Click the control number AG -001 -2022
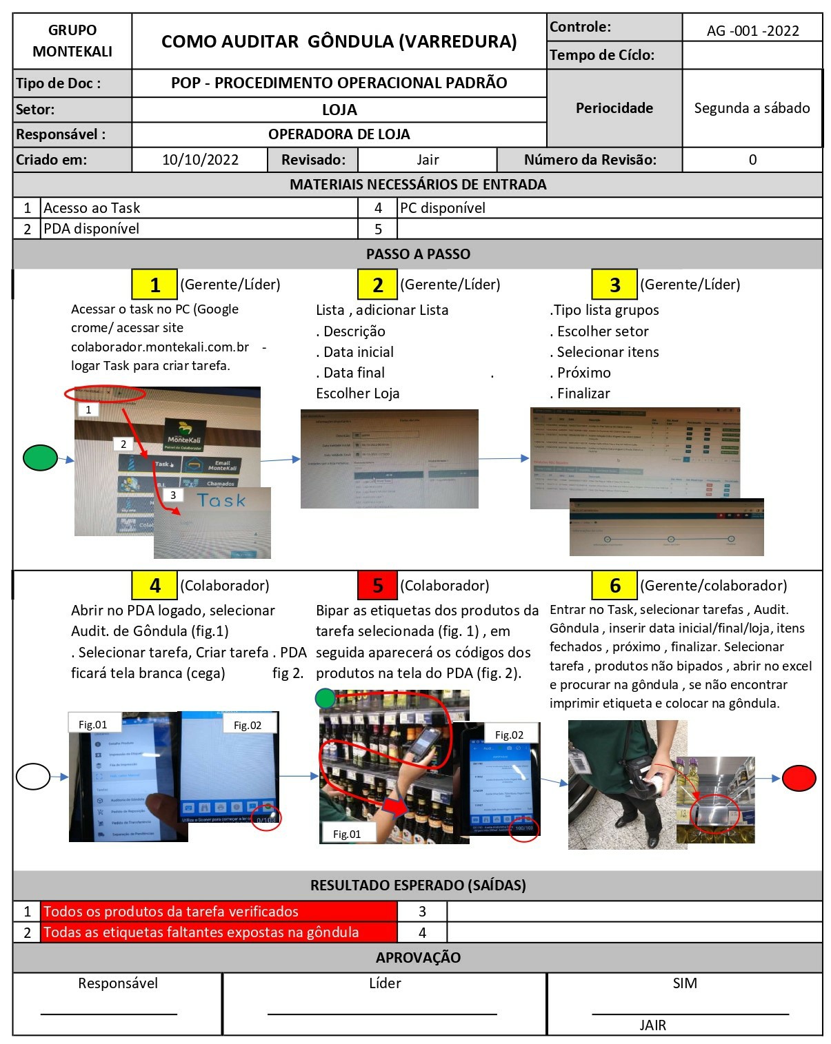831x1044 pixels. (752, 30)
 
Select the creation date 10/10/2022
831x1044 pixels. (200, 160)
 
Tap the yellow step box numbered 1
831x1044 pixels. (154, 285)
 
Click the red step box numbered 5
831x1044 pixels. (377, 586)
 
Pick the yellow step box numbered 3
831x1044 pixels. (614, 285)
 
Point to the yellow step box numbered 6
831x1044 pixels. (614, 586)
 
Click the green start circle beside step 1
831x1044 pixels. (40, 458)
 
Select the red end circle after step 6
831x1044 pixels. (799, 778)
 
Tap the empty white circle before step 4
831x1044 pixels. (32, 777)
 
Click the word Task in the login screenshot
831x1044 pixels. (221, 500)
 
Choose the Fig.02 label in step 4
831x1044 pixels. (248, 725)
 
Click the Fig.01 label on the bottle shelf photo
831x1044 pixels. (347, 834)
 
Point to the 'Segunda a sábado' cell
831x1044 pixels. (752, 108)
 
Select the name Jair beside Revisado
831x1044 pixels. (428, 160)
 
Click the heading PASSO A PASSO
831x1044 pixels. (418, 254)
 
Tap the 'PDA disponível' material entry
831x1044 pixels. (92, 229)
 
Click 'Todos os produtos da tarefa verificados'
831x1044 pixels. (171, 912)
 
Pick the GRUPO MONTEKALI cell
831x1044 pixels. (72, 41)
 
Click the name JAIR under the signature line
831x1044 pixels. (652, 1025)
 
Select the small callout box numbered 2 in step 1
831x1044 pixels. (123, 444)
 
